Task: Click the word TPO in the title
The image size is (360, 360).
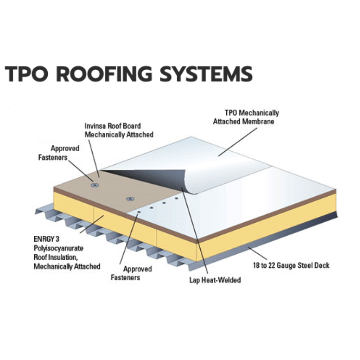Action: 27,74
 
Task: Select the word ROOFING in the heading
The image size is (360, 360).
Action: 104,74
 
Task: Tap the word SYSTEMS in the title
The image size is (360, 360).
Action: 206,74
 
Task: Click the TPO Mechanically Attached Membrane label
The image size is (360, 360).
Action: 246,117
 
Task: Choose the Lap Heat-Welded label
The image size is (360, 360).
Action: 215,280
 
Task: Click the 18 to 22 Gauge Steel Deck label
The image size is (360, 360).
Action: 291,265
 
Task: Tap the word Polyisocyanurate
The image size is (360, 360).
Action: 58,248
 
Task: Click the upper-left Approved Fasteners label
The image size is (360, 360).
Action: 59,153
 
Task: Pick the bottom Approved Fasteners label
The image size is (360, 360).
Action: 131,273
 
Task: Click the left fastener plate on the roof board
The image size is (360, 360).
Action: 95,185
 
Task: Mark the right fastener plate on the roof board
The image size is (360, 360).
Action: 130,198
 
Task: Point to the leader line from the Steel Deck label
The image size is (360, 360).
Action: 257,253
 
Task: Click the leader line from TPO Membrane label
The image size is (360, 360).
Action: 238,142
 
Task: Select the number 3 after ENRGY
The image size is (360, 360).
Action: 57,239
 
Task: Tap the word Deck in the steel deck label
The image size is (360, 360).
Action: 322,265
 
